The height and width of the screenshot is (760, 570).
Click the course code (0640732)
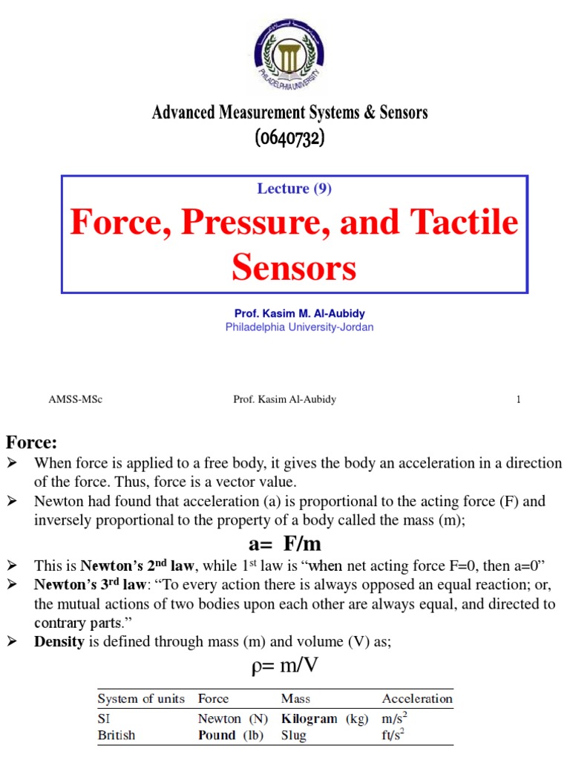point(290,138)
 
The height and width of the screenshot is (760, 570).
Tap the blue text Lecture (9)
point(294,189)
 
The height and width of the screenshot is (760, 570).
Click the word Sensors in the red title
point(294,267)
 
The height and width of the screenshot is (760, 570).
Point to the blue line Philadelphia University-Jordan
point(300,327)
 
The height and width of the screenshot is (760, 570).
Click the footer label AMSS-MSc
point(75,399)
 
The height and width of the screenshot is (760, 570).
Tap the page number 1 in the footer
point(519,399)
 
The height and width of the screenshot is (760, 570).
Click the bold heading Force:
point(32,443)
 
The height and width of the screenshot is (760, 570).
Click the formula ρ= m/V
point(285,665)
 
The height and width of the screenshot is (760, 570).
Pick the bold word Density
point(59,642)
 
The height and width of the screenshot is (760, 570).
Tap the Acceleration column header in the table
point(417,698)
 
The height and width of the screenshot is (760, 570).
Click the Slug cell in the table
point(294,736)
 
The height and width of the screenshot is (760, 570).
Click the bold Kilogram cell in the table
point(309,718)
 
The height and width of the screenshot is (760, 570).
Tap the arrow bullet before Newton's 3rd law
point(11,585)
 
